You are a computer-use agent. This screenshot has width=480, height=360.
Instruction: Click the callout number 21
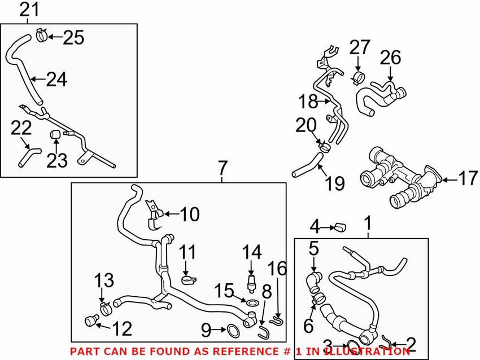click(x=29, y=10)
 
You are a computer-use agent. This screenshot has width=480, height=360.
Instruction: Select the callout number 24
click(x=56, y=80)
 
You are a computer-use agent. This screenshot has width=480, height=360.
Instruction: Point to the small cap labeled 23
click(x=54, y=134)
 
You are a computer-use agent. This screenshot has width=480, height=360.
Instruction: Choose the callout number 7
click(x=222, y=168)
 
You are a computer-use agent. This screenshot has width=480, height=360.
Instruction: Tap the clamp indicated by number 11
click(x=188, y=279)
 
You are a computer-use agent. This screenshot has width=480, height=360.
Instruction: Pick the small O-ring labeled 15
click(x=252, y=303)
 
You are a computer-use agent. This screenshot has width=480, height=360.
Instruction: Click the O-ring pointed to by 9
click(x=233, y=331)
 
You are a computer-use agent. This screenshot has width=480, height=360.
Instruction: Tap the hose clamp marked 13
click(x=105, y=309)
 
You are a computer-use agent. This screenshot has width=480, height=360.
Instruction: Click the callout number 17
click(x=468, y=178)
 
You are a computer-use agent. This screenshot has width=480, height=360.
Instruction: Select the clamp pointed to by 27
click(x=357, y=78)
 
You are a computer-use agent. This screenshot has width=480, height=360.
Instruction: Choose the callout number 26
click(x=390, y=58)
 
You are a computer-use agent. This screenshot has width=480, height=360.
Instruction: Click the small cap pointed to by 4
click(x=341, y=227)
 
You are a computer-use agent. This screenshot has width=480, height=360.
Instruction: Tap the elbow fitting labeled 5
click(x=313, y=280)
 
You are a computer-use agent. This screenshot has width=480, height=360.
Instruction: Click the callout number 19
click(x=335, y=183)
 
